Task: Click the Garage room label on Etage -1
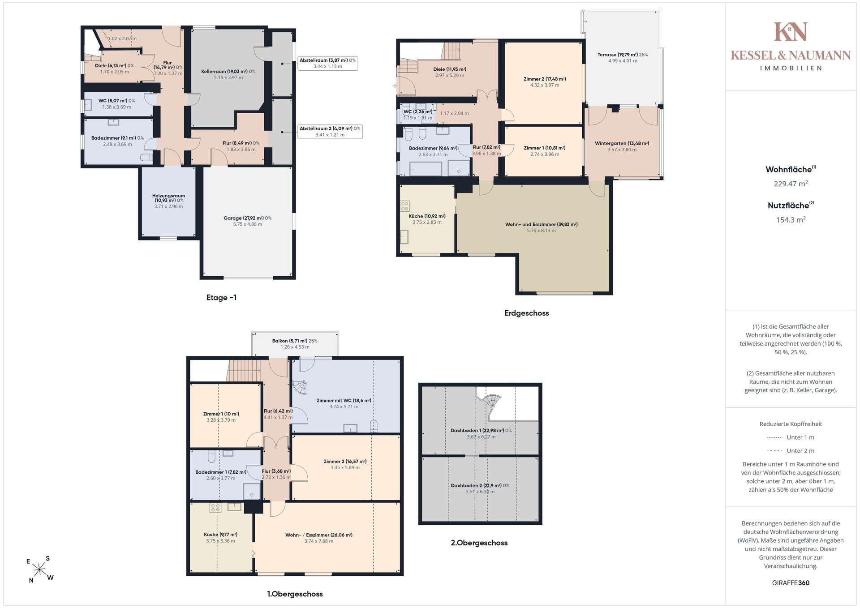tap(247, 221)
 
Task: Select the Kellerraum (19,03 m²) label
tap(228, 74)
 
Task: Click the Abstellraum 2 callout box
tap(330, 132)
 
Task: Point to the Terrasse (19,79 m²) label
tap(623, 58)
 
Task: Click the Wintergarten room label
tap(622, 146)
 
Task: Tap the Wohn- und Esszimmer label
tap(541, 227)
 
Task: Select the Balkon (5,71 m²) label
tap(295, 344)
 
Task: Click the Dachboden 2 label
tap(480, 488)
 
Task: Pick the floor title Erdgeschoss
tap(526, 313)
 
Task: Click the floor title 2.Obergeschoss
tap(479, 543)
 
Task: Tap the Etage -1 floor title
tap(221, 298)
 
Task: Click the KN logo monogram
tap(791, 32)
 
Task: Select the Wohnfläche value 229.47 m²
tap(791, 184)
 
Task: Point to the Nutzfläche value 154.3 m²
tap(791, 220)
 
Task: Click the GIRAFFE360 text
tap(791, 583)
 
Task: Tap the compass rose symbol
tap(40, 569)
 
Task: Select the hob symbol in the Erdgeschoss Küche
tap(405, 206)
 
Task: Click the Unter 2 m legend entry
tap(791, 451)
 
